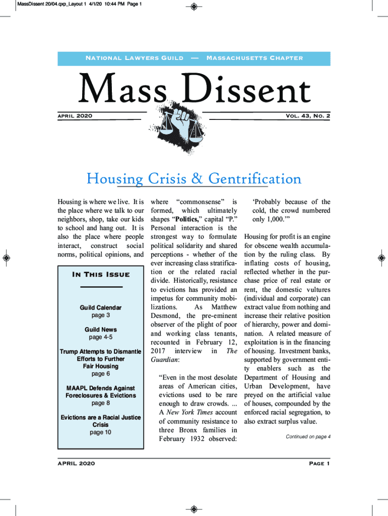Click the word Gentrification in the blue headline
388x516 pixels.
click(255, 179)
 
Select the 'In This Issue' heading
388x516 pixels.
click(101, 275)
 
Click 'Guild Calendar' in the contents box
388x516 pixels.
click(101, 307)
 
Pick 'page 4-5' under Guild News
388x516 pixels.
click(101, 337)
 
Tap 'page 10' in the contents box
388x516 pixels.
click(101, 432)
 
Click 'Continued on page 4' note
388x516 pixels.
click(308, 437)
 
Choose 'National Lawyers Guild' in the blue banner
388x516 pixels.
click(135, 58)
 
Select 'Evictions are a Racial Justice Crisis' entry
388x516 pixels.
click(101, 421)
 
